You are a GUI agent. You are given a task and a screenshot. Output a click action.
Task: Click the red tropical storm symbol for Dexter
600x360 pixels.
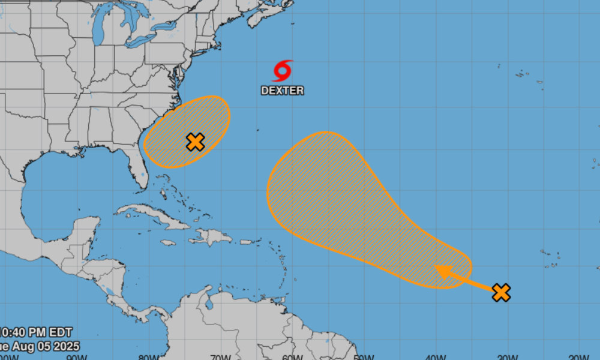click(x=282, y=70)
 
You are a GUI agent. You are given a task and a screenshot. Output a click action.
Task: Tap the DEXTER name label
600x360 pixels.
click(x=282, y=91)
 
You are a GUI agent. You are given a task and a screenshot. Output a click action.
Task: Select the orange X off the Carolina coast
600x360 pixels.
click(x=195, y=142)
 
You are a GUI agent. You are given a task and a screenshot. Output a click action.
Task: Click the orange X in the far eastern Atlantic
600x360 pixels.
click(x=501, y=292)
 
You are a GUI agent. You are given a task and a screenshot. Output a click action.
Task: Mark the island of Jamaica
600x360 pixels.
click(x=169, y=242)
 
